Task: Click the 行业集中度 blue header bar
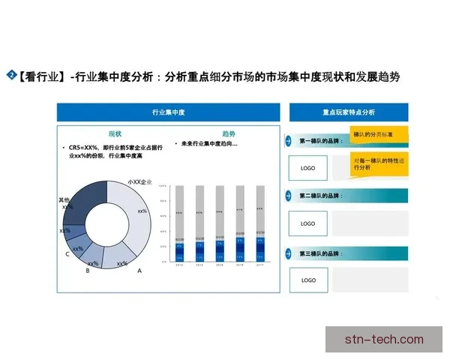pos(167,112)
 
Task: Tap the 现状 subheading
pos(115,132)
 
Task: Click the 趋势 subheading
pos(228,132)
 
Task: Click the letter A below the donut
pos(139,271)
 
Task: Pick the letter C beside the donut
pos(68,254)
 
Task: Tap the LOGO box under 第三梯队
pos(307,280)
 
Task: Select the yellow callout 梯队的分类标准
pos(379,134)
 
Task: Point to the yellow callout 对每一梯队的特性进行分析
pos(379,163)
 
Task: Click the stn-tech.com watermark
pos(384,339)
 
